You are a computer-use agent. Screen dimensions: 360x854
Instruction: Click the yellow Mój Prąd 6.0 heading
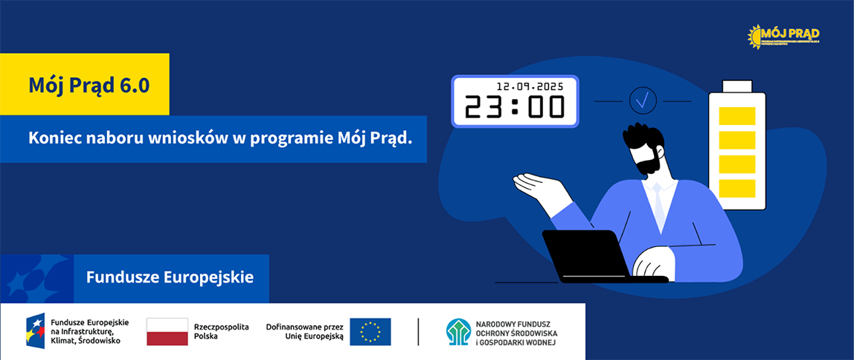89,86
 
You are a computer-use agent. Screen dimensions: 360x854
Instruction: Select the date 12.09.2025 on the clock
530,86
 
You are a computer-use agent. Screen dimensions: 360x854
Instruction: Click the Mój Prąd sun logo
784,35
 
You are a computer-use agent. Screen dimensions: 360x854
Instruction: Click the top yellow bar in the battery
737,116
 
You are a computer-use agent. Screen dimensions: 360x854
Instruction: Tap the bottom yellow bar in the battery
737,188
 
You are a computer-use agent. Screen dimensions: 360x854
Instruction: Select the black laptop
587,255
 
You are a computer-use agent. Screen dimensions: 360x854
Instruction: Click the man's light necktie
658,208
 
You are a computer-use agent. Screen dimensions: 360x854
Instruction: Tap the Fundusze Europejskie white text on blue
170,278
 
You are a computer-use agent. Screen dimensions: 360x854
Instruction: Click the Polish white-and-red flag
167,332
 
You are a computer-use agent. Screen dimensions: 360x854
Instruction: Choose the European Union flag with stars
370,332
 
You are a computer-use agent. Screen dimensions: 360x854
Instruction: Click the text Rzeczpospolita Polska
221,332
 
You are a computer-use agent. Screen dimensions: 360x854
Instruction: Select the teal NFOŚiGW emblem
458,332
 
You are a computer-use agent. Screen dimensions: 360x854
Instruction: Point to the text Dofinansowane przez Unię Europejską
304,332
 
